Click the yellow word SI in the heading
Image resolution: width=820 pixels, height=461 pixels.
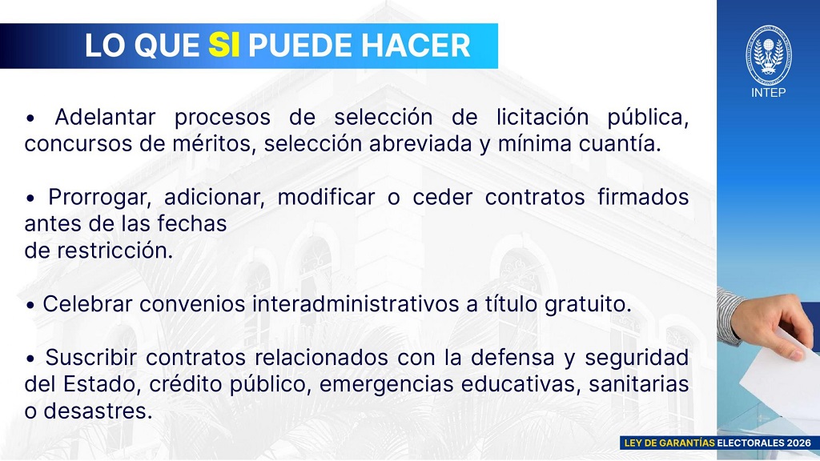tap(224, 45)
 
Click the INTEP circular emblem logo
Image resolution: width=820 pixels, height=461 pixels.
tap(768, 55)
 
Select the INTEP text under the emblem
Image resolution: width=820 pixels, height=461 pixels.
tap(768, 93)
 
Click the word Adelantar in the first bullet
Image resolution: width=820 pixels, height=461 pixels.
tap(105, 117)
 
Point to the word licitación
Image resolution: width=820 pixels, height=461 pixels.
tap(543, 117)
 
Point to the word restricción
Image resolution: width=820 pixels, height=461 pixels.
tap(115, 251)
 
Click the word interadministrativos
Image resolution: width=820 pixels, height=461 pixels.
tap(356, 304)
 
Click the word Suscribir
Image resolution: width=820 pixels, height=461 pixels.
tap(91, 358)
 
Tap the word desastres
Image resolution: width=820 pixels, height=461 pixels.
tap(98, 411)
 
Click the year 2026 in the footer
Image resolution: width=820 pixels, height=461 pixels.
tap(799, 443)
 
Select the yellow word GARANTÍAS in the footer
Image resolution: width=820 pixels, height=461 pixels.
tap(686, 443)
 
